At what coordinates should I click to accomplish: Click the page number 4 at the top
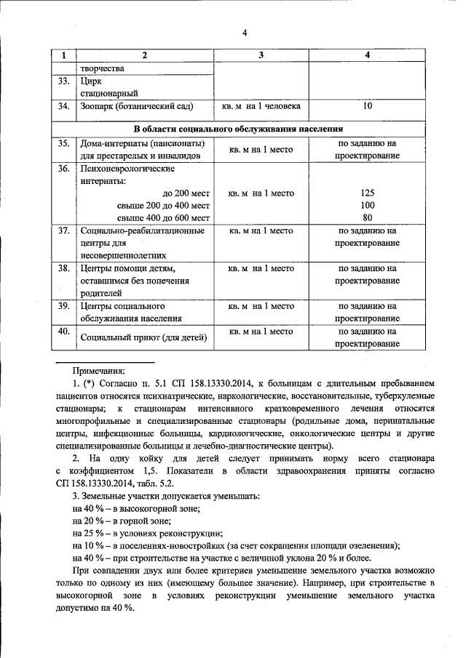[245, 33]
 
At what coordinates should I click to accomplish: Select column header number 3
[261, 56]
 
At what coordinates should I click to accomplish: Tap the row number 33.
[63, 81]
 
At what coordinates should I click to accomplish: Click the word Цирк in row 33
[92, 81]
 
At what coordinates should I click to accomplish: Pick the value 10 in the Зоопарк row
[367, 106]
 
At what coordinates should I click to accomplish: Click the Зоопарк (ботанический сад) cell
[136, 106]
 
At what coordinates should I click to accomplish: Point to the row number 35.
[63, 144]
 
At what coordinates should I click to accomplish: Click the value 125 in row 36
[367, 193]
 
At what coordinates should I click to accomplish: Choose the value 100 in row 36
[367, 205]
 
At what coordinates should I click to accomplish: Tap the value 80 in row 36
[367, 217]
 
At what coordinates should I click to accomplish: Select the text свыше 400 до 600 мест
[164, 217]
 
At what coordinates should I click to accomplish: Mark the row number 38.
[63, 268]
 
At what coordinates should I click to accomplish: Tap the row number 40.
[63, 332]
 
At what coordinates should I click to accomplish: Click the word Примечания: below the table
[98, 371]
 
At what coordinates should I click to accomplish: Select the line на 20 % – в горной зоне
[122, 521]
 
